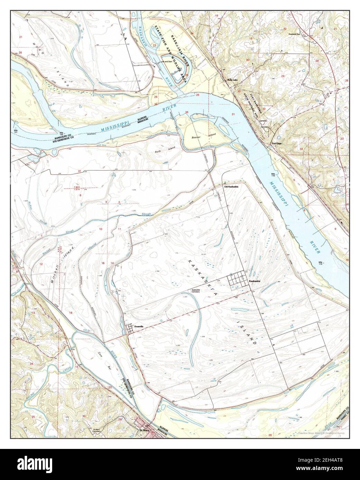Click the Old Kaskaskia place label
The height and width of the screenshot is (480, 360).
coord(231,186)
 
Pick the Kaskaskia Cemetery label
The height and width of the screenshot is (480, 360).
coord(196,291)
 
